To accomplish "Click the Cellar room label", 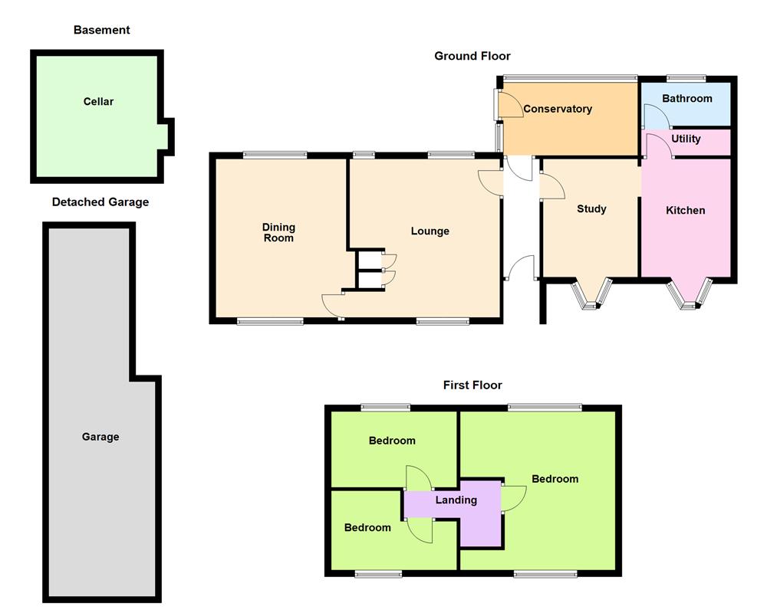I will click(x=98, y=101).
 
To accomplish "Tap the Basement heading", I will click(x=101, y=30).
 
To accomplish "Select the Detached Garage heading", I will click(x=100, y=202).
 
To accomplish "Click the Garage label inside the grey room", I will click(x=100, y=437).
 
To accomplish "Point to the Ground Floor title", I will click(x=472, y=56).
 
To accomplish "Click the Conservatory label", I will click(x=558, y=109).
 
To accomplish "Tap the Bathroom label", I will click(x=686, y=98).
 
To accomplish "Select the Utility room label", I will click(x=686, y=139).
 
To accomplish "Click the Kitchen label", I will click(x=685, y=210).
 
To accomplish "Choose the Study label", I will click(x=591, y=208).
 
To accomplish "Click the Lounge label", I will click(x=430, y=231).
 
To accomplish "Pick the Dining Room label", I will click(x=278, y=232).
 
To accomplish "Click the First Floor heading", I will click(x=472, y=385).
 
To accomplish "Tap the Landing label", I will click(x=456, y=500).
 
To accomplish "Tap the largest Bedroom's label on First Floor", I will click(x=555, y=479).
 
